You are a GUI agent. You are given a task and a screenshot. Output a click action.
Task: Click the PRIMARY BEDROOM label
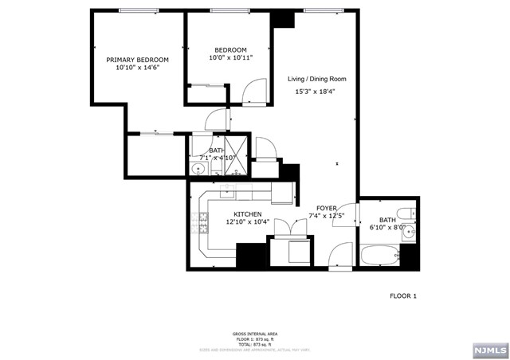[138, 60]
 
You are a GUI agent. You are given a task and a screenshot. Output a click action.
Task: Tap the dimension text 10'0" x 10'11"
[230, 57]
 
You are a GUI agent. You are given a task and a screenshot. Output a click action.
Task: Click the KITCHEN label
[248, 214]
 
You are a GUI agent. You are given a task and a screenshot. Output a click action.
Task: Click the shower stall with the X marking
[237, 149]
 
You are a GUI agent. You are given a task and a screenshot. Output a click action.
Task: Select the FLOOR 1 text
[402, 295]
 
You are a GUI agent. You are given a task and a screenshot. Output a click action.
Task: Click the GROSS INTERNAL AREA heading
[254, 334]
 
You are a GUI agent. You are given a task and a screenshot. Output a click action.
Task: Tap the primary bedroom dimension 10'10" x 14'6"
[138, 68]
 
